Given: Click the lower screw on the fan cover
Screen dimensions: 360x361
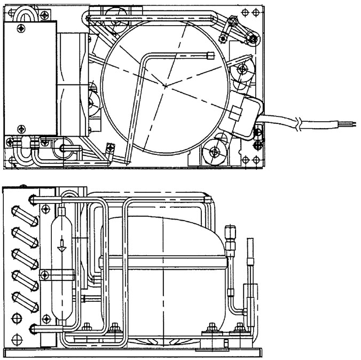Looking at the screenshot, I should tap(21, 128).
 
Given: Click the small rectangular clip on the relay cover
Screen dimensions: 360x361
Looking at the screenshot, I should tap(236, 113).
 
